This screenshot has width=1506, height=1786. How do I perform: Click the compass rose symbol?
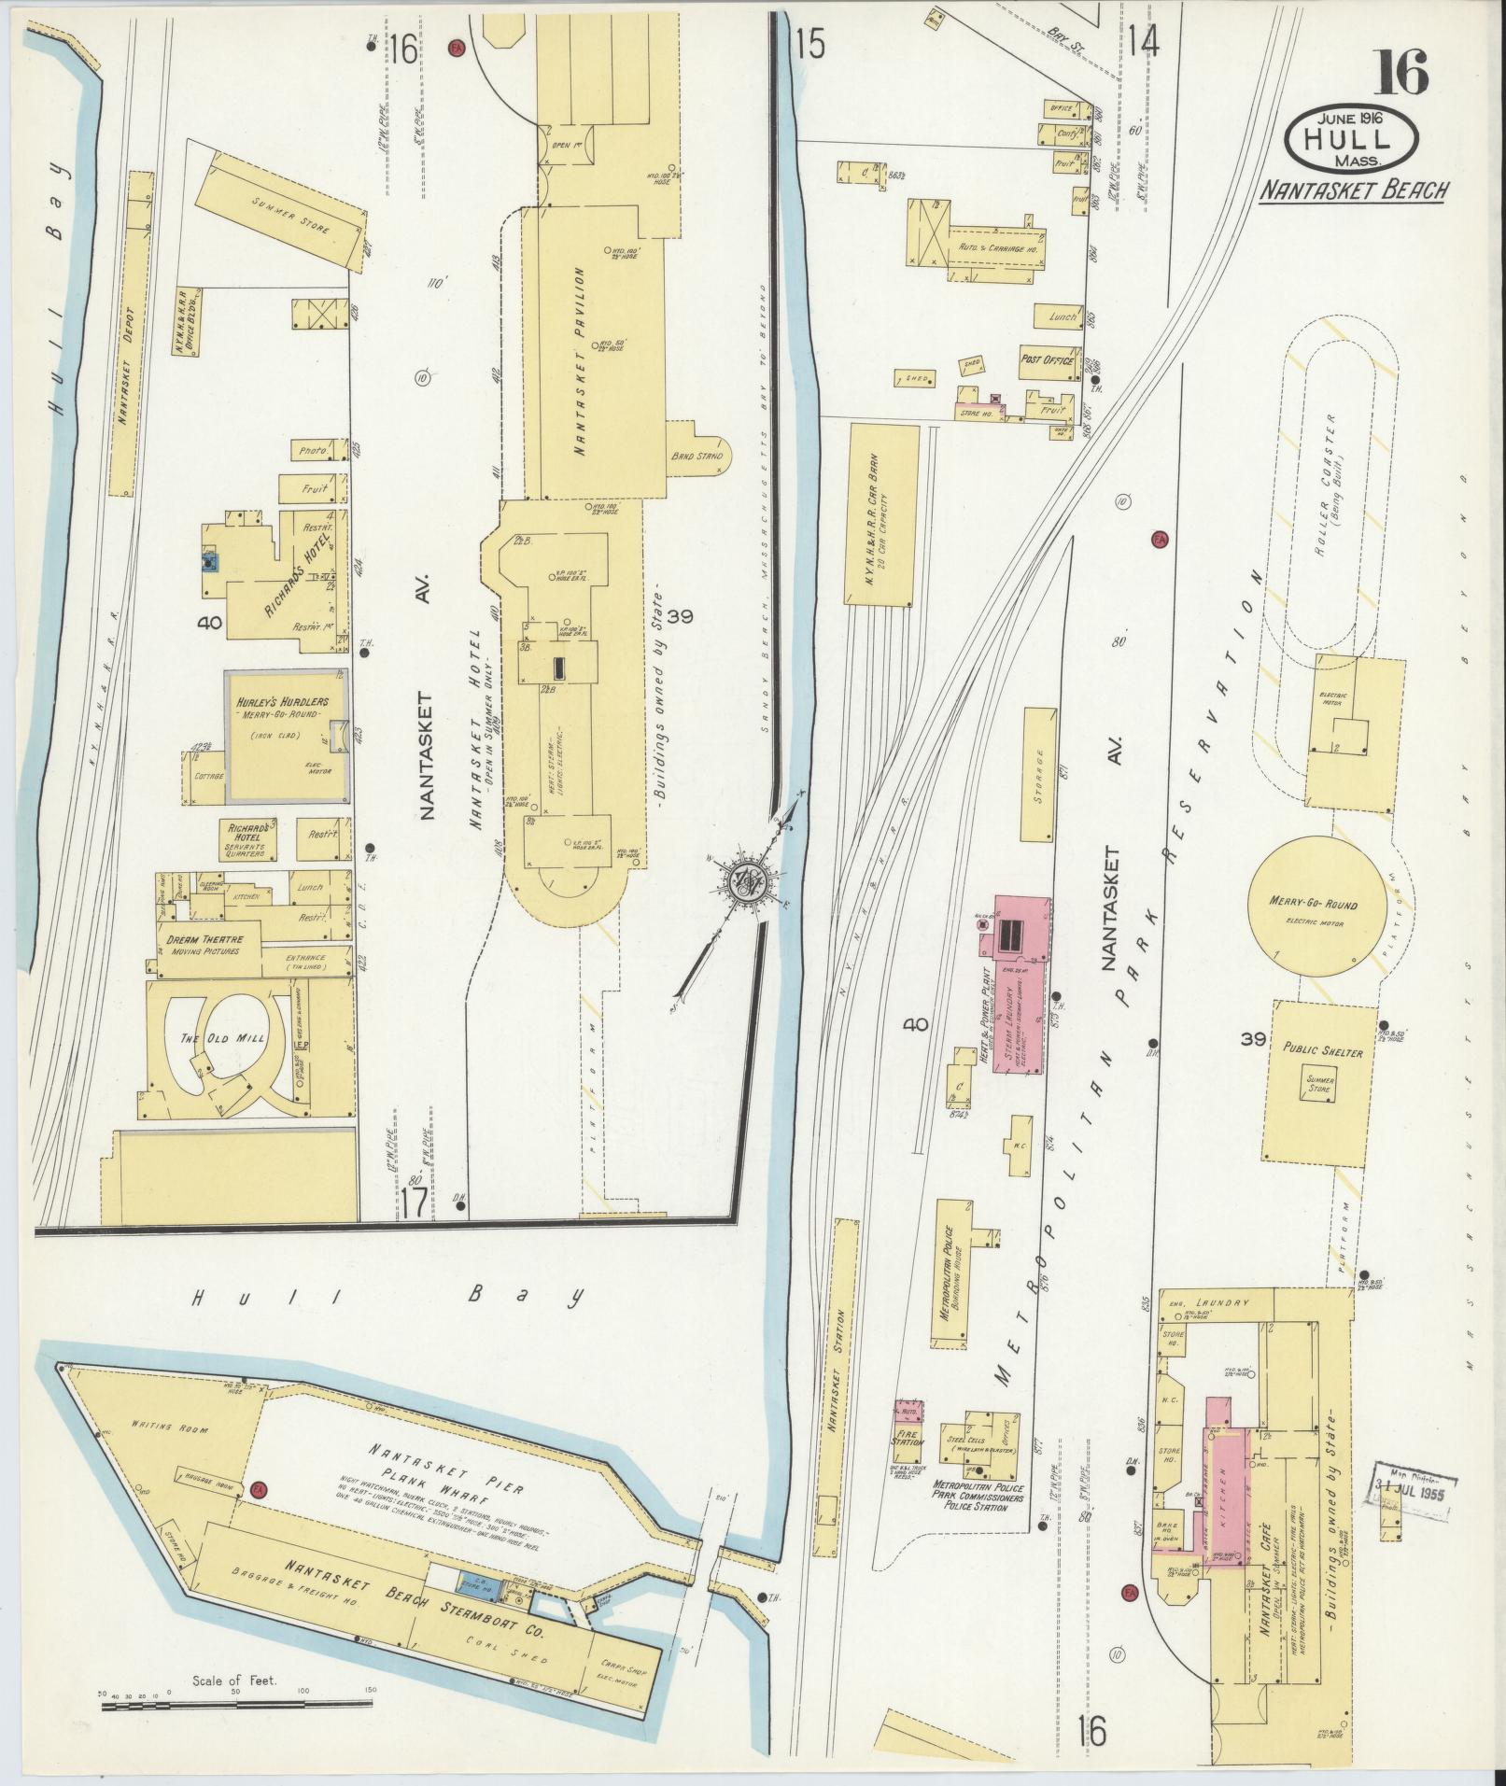[x=747, y=879]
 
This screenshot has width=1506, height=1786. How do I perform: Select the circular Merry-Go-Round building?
[x=1314, y=905]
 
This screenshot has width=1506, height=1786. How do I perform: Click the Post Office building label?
[x=1047, y=360]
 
